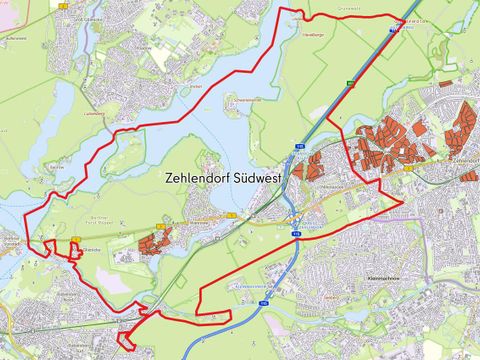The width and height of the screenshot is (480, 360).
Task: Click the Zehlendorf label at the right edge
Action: [x=465, y=158]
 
